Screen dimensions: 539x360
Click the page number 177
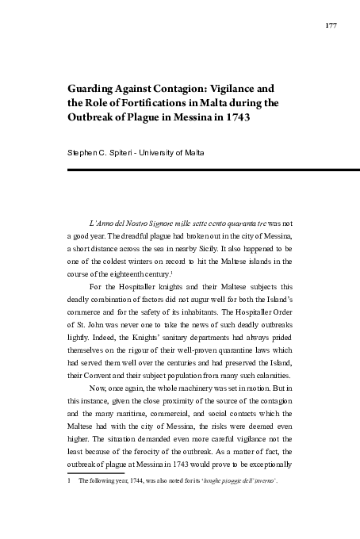pos(331,26)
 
